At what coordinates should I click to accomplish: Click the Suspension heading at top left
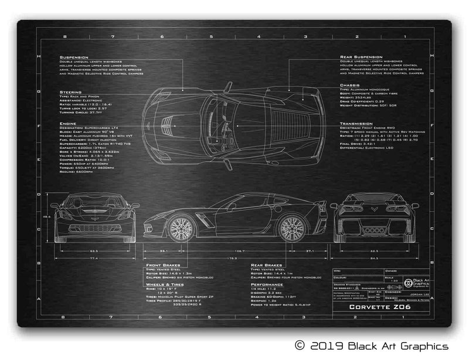click(73, 57)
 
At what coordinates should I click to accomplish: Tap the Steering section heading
click(70, 91)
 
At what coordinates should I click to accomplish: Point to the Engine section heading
click(68, 124)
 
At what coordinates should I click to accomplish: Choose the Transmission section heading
click(356, 124)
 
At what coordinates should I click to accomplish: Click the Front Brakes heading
click(164, 265)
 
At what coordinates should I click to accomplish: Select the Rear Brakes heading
click(266, 265)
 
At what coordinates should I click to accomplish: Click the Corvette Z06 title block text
click(381, 307)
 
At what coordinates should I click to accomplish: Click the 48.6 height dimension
click(47, 217)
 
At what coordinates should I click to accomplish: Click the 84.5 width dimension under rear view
click(375, 257)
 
